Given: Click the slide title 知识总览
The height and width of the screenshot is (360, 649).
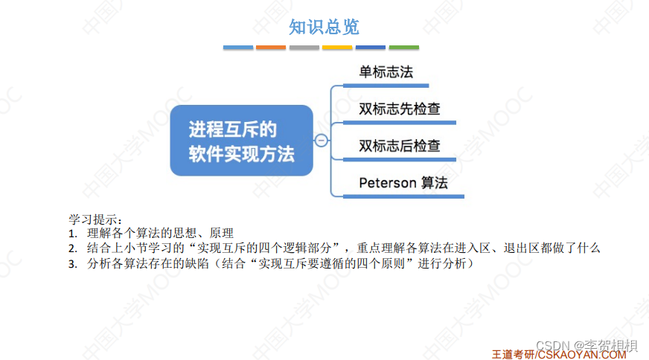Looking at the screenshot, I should click(x=324, y=28).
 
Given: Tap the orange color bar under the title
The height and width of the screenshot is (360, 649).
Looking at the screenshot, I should click(x=271, y=48).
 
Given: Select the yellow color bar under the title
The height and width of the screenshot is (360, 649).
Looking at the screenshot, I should click(x=337, y=48).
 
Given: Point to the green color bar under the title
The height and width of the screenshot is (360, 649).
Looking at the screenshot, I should click(x=403, y=48).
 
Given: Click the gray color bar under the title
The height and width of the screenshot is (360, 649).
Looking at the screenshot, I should click(x=304, y=48).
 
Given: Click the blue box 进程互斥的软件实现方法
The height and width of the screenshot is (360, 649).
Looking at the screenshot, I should click(x=241, y=141).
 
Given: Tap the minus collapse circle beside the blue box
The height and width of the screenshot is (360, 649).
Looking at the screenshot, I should click(x=322, y=141).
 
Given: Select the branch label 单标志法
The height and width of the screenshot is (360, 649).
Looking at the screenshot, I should click(x=386, y=72).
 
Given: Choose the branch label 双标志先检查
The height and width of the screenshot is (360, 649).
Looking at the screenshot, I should click(x=399, y=109).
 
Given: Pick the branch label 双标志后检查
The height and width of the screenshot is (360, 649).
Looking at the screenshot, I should click(x=399, y=146).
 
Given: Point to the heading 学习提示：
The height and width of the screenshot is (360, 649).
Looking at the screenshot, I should click(x=95, y=219).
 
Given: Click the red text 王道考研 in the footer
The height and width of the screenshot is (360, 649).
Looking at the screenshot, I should click(x=513, y=354).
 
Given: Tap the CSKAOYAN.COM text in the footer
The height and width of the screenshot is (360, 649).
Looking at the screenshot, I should click(x=582, y=354).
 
